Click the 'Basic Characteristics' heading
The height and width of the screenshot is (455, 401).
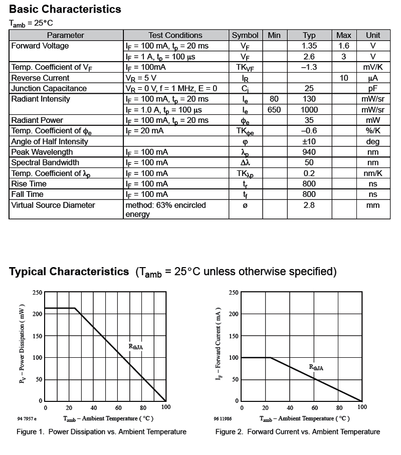coord(65,9)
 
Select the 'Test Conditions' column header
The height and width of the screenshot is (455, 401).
coord(175,35)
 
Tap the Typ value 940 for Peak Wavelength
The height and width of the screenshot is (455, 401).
coord(309,152)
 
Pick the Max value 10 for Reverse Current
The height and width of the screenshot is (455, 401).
coord(343,78)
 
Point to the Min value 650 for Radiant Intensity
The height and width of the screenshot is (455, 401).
coord(274,110)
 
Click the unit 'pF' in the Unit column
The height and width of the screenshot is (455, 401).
coord(372,88)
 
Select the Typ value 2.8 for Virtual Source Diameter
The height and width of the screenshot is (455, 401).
coord(309,205)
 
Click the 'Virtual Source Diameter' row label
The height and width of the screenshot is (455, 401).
coord(53,205)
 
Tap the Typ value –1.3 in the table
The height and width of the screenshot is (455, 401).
coord(309,67)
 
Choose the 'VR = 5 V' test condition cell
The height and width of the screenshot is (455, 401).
coord(141,78)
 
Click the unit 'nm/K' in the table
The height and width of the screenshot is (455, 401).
coord(372,173)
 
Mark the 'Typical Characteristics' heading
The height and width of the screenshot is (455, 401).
coord(69,272)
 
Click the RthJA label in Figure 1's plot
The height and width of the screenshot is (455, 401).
coord(136,346)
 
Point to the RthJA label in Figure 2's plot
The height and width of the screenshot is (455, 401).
coord(316,367)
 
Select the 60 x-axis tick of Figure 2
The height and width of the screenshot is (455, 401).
coord(315,407)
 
